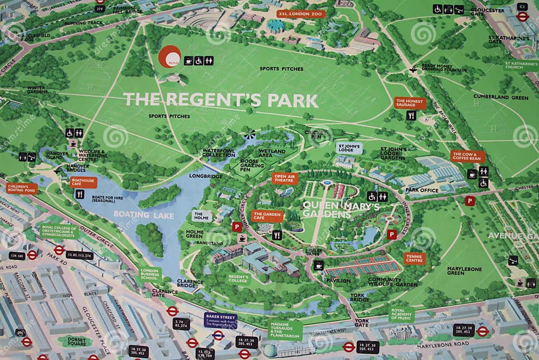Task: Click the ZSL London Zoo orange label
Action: (x=301, y=14)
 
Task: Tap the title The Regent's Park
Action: (x=221, y=100)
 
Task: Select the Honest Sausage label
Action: (x=410, y=103)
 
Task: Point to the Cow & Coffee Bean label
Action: (x=467, y=157)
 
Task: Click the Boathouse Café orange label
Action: (x=83, y=182)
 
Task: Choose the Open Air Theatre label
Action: (x=285, y=178)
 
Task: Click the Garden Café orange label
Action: (x=267, y=216)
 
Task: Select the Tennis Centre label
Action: (x=415, y=258)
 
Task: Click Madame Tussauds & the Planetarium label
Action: (x=285, y=330)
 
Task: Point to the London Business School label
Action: (x=150, y=274)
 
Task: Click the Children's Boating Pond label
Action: (x=22, y=188)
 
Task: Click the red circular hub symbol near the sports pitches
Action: (x=170, y=57)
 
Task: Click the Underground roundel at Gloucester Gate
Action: (x=522, y=16)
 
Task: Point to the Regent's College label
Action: (x=239, y=278)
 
